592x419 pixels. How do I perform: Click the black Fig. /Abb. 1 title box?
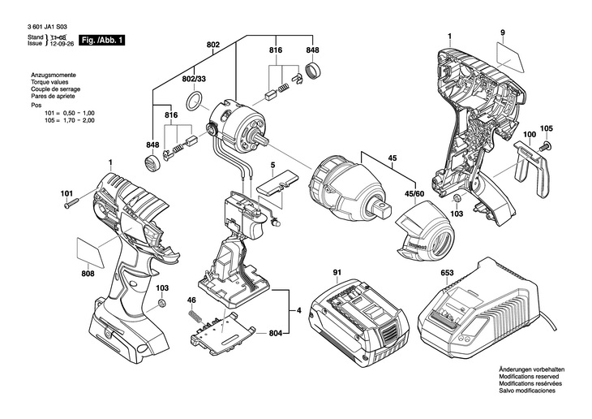coord(101,40)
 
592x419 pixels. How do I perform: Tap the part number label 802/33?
coord(194,79)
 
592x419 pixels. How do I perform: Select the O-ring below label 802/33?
coord(195,102)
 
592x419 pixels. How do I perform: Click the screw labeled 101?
coord(71,204)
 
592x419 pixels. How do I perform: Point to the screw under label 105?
coord(546,145)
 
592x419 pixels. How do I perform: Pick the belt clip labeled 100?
coord(531,167)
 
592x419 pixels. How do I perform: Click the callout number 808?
coord(88,274)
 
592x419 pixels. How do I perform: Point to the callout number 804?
coord(276,333)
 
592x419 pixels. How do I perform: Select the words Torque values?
coord(49,82)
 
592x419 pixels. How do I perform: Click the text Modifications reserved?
coord(529,377)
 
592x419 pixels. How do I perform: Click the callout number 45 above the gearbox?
coord(393,158)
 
